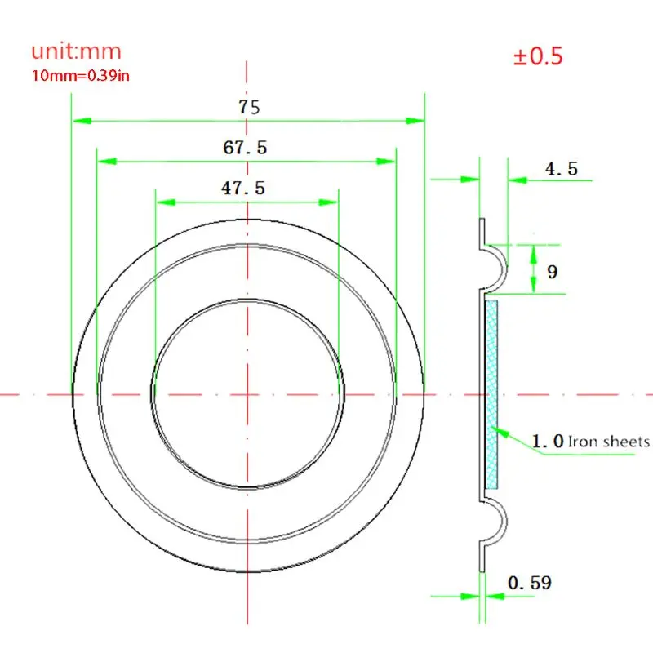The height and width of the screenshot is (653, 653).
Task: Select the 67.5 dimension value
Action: click(x=244, y=148)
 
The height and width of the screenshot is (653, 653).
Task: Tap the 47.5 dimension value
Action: click(x=243, y=188)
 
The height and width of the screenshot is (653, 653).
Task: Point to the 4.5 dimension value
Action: click(x=561, y=169)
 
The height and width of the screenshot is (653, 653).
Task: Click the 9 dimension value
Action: click(x=552, y=271)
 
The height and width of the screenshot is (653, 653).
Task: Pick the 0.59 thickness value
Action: click(x=529, y=583)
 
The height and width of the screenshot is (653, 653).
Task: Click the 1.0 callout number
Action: click(x=547, y=442)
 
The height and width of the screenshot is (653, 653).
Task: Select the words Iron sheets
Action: click(x=609, y=442)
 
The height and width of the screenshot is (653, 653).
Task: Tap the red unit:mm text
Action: click(x=76, y=51)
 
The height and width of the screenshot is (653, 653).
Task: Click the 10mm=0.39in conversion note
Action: click(x=81, y=75)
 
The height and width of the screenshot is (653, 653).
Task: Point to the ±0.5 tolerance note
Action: click(x=537, y=57)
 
